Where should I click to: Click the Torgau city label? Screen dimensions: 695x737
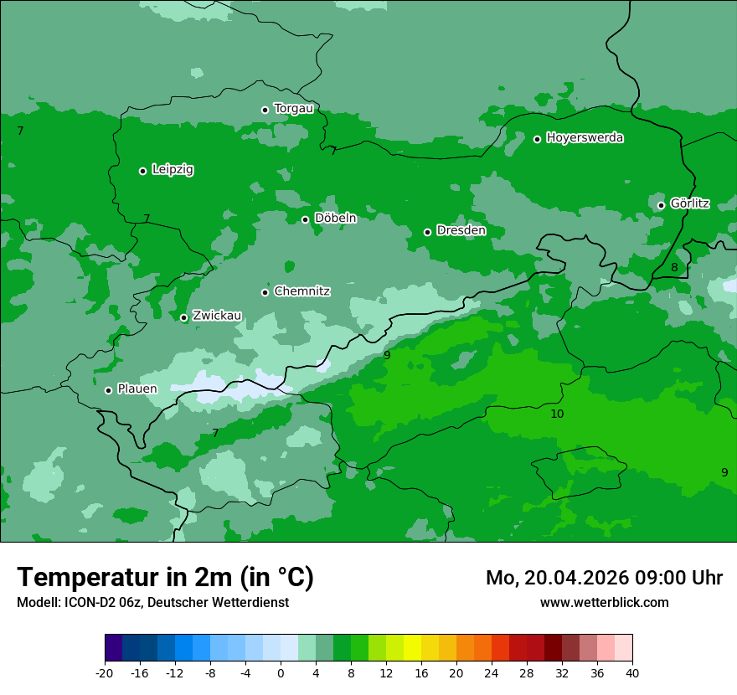pyautogui.click(x=293, y=108)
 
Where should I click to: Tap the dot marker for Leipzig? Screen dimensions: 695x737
pyautogui.click(x=142, y=171)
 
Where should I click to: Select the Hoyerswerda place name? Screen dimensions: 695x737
pyautogui.click(x=585, y=137)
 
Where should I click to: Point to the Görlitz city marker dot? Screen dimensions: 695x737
pyautogui.click(x=661, y=205)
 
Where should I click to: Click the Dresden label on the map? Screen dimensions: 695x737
pyautogui.click(x=461, y=230)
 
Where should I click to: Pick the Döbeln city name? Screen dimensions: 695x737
pyautogui.click(x=335, y=218)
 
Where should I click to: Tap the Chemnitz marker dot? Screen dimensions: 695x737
pyautogui.click(x=265, y=292)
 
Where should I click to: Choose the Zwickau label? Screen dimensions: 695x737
pyautogui.click(x=217, y=316)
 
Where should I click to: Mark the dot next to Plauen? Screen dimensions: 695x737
pyautogui.click(x=108, y=390)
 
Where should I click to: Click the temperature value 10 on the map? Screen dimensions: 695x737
pyautogui.click(x=557, y=414)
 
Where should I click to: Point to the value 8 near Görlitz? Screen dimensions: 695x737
pyautogui.click(x=674, y=268)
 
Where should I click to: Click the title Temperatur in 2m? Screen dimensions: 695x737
pyautogui.click(x=165, y=577)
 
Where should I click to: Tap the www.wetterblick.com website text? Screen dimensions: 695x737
pyautogui.click(x=604, y=602)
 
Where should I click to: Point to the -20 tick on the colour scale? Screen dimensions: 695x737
pyautogui.click(x=105, y=673)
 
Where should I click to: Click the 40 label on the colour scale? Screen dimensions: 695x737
pyautogui.click(x=632, y=673)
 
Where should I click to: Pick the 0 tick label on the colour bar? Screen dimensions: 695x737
pyautogui.click(x=281, y=673)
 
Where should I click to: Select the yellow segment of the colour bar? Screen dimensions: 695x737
pyautogui.click(x=412, y=648)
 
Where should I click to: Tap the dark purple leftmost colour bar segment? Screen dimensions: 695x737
pyautogui.click(x=113, y=648)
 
